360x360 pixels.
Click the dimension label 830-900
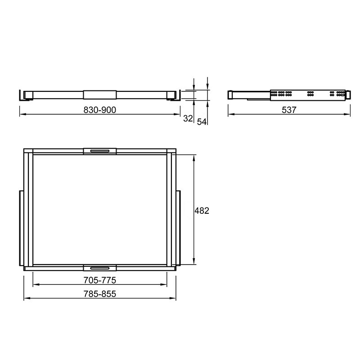[99, 110]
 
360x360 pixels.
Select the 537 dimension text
[289, 110]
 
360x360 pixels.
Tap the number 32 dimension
[188, 118]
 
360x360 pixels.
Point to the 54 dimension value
[202, 121]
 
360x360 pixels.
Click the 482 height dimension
[202, 211]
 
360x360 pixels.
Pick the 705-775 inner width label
[99, 280]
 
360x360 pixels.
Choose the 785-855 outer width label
[99, 294]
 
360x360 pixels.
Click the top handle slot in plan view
[99, 151]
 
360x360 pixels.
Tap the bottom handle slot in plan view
[99, 268]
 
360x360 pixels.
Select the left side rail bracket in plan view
[21, 228]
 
